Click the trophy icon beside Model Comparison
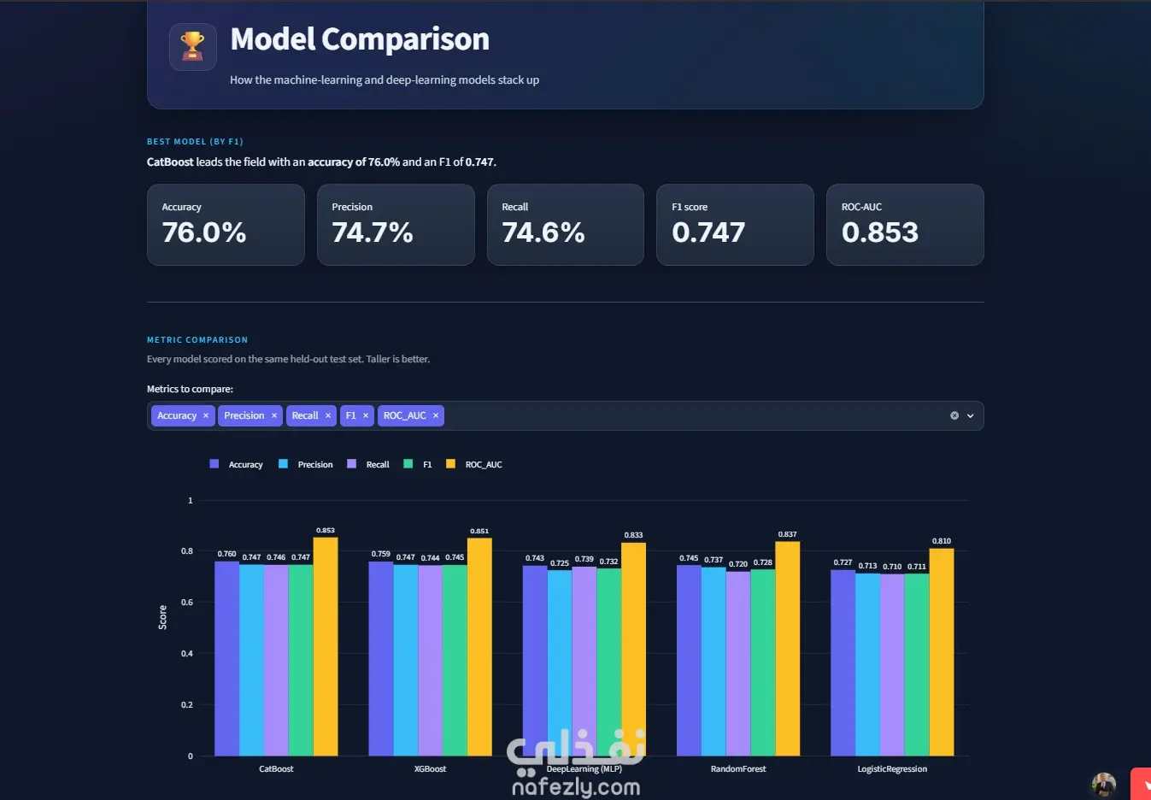pos(192,46)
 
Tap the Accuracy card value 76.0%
pos(204,232)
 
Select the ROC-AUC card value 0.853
pos(879,232)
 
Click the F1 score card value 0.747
pos(708,232)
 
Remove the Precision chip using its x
pos(274,415)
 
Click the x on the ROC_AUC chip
pos(435,415)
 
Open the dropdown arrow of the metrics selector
pos(970,415)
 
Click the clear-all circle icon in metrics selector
pos(954,415)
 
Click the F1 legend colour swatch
pos(408,464)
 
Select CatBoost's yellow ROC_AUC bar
pos(326,646)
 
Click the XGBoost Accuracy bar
pos(381,659)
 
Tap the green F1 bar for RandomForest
pos(762,662)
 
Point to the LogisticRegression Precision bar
pos(867,664)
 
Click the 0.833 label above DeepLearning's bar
pos(633,535)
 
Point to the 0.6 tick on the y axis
pos(187,603)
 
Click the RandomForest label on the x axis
pos(738,768)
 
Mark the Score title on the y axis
pos(162,617)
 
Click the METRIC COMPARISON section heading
pos(197,339)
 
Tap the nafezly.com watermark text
pos(576,786)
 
